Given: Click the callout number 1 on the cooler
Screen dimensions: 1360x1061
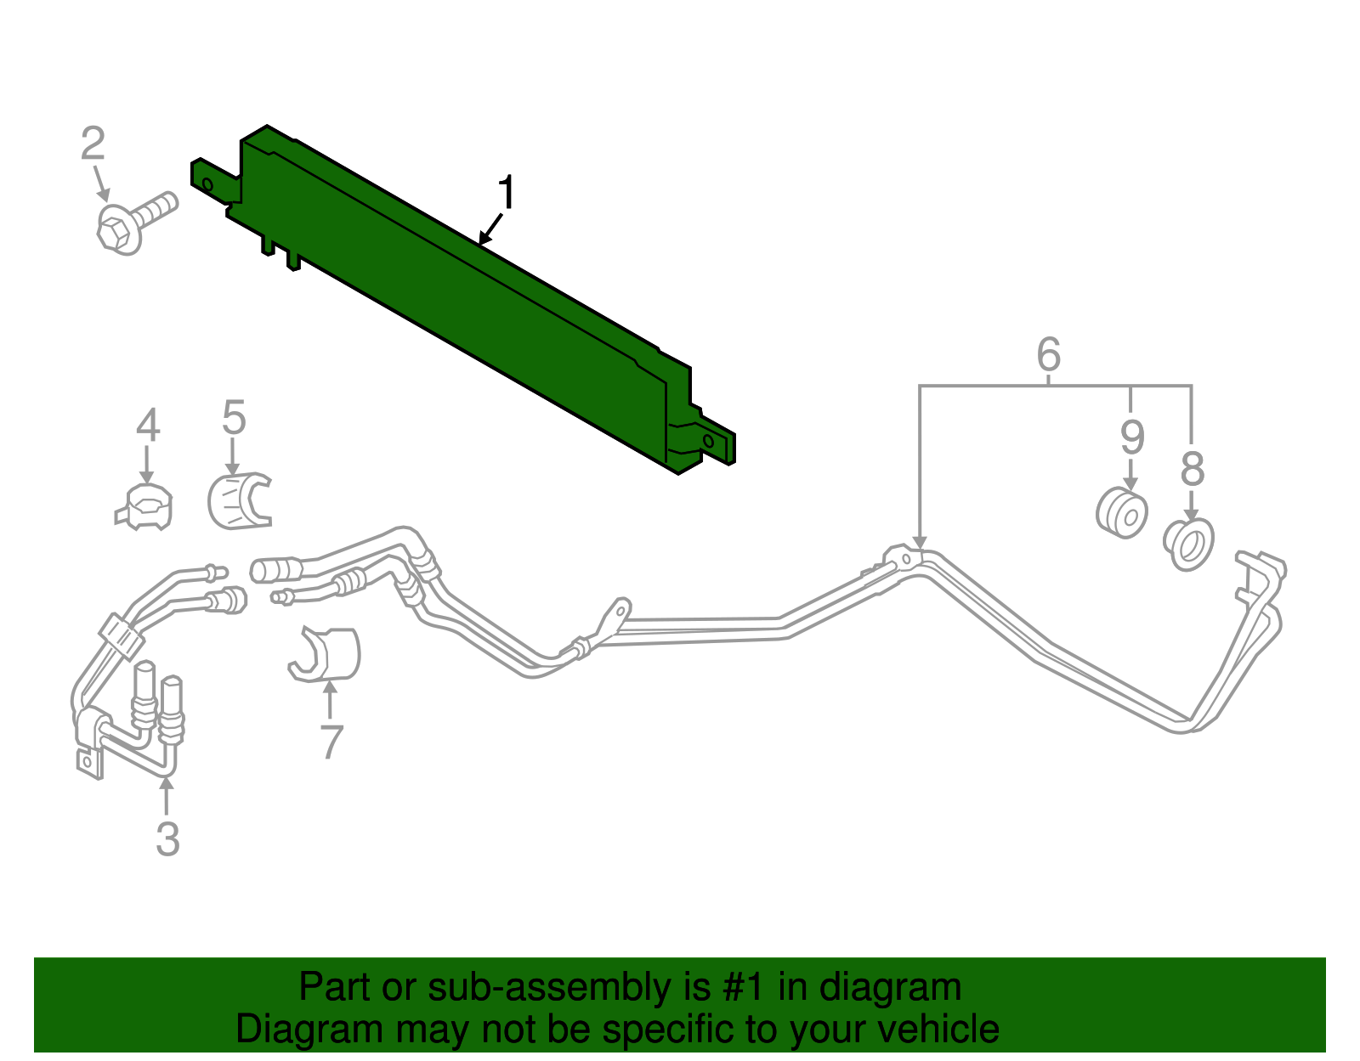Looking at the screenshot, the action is [x=507, y=192].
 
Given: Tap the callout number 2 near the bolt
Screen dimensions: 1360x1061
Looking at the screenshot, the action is [x=93, y=143].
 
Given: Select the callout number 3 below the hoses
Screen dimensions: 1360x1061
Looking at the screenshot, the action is [x=167, y=838].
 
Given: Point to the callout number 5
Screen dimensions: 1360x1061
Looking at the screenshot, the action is [x=234, y=417].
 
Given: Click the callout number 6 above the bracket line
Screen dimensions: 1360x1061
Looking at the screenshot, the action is [x=1049, y=354].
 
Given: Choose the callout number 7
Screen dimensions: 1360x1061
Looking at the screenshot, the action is [x=331, y=742].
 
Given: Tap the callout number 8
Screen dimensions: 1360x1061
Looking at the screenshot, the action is [x=1193, y=469].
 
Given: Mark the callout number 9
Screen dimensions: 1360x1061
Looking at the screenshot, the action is [x=1132, y=437].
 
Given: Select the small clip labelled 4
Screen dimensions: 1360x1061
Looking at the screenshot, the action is [x=144, y=507].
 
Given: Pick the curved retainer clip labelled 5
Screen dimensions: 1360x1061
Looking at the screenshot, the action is [x=239, y=501].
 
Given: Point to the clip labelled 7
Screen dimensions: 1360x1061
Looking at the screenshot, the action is [x=325, y=654].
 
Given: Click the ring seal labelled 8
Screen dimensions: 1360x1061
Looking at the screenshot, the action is [x=1188, y=545].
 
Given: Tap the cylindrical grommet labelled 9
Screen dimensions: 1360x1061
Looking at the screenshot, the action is [x=1121, y=513].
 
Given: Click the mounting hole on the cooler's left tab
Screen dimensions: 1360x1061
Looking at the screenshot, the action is [x=207, y=184].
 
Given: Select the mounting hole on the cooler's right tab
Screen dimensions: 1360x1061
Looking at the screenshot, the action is [x=709, y=441].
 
